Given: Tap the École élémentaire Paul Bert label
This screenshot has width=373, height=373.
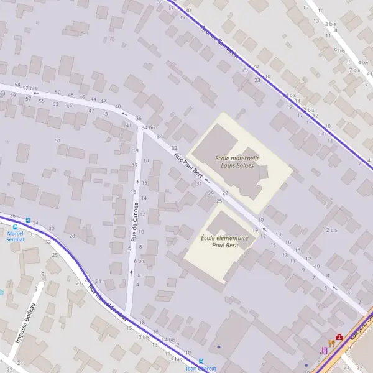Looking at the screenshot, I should [224, 241].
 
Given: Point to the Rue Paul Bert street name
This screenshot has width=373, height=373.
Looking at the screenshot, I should [188, 165].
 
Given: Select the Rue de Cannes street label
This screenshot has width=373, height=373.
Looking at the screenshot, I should [134, 222].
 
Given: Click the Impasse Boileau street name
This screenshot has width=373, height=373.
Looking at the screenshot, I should [24, 323].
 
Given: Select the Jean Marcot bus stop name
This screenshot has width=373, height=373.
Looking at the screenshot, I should [201, 368].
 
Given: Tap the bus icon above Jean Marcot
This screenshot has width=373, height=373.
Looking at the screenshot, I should [201, 361].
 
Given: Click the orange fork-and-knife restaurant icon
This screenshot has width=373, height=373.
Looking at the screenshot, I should [331, 343].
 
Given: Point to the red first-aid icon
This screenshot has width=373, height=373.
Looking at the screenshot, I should [339, 337].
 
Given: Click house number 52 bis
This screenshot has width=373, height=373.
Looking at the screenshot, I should [29, 88].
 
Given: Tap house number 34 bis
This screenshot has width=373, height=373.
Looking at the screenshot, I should [148, 127].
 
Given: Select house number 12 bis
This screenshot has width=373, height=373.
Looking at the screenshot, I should [330, 230].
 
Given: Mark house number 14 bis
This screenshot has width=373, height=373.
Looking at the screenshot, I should [168, 340].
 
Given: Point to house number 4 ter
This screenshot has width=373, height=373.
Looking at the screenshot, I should [362, 62].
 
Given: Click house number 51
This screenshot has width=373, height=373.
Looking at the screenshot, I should [58, 140].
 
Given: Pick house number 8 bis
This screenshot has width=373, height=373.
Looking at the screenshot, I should [330, 24].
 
